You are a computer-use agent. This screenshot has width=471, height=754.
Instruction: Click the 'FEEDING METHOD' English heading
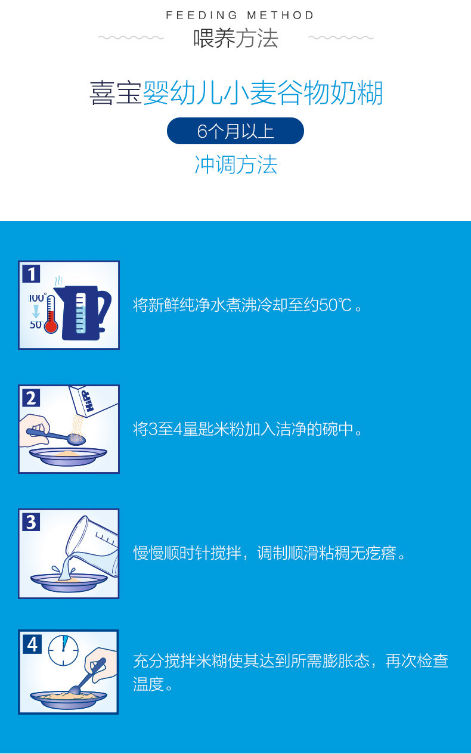240,15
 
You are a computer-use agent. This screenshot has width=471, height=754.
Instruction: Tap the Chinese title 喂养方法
235,38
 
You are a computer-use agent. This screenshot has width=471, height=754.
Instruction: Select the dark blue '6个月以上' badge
235,131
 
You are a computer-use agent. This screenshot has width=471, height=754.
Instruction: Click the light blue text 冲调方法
235,165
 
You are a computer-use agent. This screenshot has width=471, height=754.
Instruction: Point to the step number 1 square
32,274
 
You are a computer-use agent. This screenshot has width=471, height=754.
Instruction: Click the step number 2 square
32,398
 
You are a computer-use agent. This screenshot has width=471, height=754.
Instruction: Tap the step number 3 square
32,522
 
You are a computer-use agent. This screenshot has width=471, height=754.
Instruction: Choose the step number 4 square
32,644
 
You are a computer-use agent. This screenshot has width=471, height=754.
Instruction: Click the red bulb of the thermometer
51,327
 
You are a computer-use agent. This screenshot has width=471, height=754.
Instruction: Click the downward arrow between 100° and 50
36,312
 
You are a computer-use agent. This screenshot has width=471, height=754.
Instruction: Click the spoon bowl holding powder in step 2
76,439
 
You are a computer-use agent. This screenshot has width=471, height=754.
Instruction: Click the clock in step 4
63,650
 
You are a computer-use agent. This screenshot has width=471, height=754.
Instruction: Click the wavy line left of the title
131,38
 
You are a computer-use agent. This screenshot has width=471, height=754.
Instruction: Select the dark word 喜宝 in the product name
116,93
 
